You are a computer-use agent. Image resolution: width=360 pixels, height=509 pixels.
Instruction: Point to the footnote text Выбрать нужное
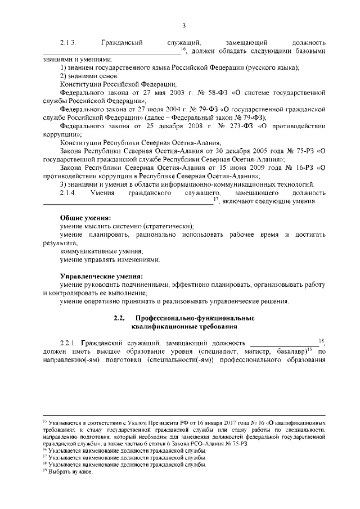coord(70,472)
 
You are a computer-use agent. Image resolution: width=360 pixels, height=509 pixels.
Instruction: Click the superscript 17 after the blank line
coord(217,199)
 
